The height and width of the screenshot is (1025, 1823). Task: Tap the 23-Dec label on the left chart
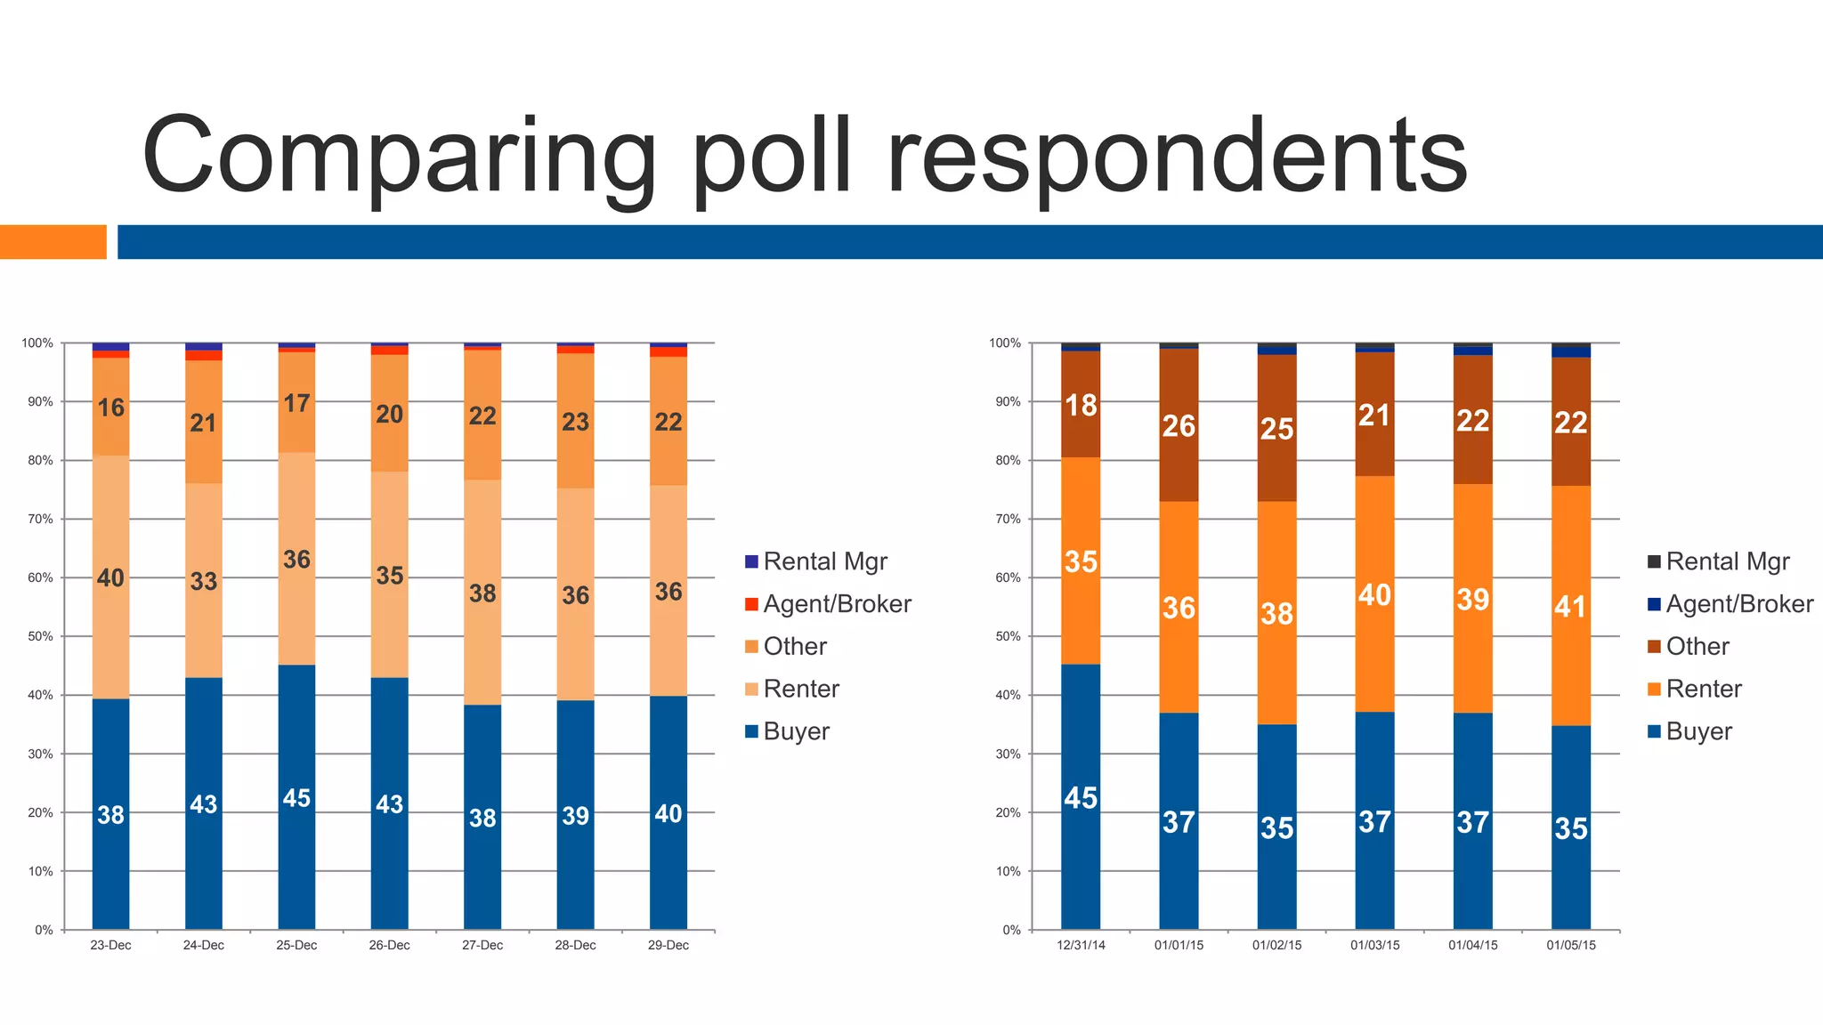110,945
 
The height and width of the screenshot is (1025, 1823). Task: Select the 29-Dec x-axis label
668,945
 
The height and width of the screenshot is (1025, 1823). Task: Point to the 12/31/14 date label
1081,945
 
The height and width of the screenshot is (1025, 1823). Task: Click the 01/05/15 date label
1570,945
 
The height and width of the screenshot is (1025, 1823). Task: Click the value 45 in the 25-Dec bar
296,798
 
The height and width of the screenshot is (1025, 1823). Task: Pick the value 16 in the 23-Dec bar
110,408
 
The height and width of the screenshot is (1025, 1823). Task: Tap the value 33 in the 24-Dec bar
204,581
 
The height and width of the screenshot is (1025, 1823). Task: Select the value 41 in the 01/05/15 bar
1570,607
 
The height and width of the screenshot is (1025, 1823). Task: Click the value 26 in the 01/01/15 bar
1179,426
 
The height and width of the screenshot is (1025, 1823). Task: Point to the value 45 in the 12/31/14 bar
1081,798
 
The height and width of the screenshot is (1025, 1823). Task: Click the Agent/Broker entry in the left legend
837,604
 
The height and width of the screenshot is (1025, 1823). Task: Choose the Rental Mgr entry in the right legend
1727,561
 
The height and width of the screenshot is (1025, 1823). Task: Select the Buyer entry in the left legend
796,731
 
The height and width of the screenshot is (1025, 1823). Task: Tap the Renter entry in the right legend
1703,689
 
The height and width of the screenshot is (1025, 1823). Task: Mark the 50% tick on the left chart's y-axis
38,636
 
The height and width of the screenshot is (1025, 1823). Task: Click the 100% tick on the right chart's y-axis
1005,343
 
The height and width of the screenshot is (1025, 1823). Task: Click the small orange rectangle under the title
53,242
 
